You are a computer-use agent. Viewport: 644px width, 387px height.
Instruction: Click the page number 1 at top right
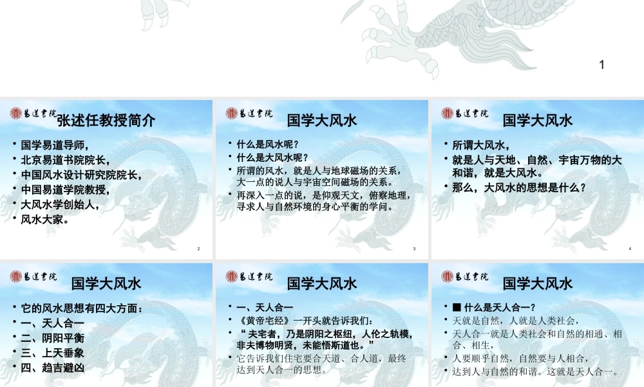click(x=602, y=64)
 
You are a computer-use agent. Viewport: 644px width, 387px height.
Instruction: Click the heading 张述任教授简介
click(x=106, y=121)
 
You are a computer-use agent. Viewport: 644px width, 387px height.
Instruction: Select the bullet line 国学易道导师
click(x=54, y=144)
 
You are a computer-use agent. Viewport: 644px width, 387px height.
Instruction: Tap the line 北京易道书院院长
click(x=65, y=159)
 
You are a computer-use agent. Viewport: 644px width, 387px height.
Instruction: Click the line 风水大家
click(x=44, y=219)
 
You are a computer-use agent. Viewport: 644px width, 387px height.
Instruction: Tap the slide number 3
click(x=414, y=249)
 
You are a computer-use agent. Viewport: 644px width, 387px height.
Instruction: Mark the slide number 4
click(x=630, y=249)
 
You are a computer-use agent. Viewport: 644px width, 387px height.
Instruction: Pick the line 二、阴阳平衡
click(x=53, y=338)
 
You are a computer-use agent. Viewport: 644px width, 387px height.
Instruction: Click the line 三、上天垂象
click(x=53, y=353)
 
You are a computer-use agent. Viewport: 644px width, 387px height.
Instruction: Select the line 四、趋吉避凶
click(x=53, y=368)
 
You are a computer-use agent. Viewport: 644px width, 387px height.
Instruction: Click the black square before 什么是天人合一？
click(x=457, y=307)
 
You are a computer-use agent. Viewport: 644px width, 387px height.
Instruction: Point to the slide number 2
click(x=198, y=249)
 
